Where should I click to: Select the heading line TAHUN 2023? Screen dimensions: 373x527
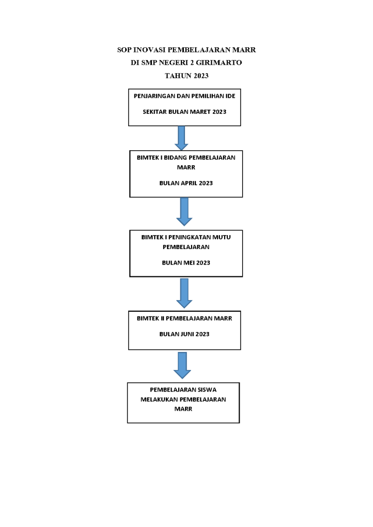tap(186, 76)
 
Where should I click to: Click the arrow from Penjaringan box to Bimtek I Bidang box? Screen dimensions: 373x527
tap(181, 138)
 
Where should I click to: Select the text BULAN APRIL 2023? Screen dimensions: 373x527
tap(186, 183)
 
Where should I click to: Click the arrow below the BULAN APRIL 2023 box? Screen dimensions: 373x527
tap(184, 212)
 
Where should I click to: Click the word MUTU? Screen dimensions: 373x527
tap(222, 237)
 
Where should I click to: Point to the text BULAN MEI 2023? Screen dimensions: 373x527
tap(186, 263)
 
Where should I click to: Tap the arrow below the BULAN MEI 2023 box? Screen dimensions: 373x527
tap(184, 293)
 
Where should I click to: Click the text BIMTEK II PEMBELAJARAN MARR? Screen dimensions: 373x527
tap(184, 318)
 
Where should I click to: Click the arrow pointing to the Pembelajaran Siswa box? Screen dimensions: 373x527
tap(182, 365)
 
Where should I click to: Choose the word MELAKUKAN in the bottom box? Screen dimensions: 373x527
tap(158, 399)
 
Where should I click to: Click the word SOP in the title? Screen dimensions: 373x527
tap(124, 50)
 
